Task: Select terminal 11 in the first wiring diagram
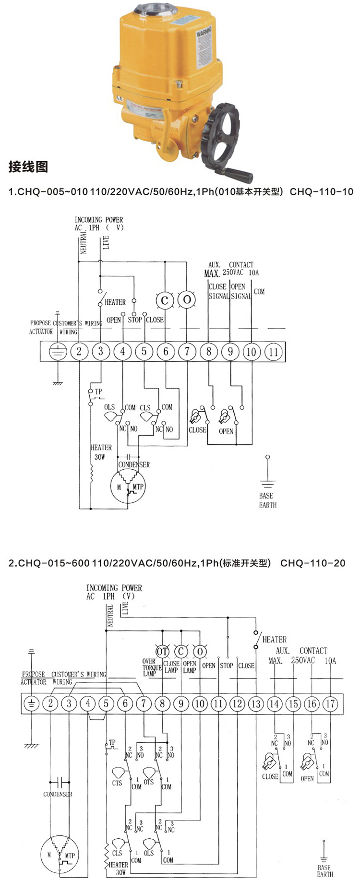point(273,352)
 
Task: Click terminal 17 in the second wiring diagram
point(330,704)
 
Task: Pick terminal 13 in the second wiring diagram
point(256,704)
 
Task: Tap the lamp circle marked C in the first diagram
point(165,300)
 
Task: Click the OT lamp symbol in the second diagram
point(162,651)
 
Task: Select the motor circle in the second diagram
point(59,855)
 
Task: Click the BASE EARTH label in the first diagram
point(267,500)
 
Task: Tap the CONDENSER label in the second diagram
point(58,794)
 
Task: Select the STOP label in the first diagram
point(135,320)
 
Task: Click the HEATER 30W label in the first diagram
point(101,452)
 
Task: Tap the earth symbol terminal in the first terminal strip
point(58,352)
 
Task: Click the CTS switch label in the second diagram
point(117,783)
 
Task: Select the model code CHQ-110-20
point(312,563)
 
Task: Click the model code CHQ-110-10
point(322,192)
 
